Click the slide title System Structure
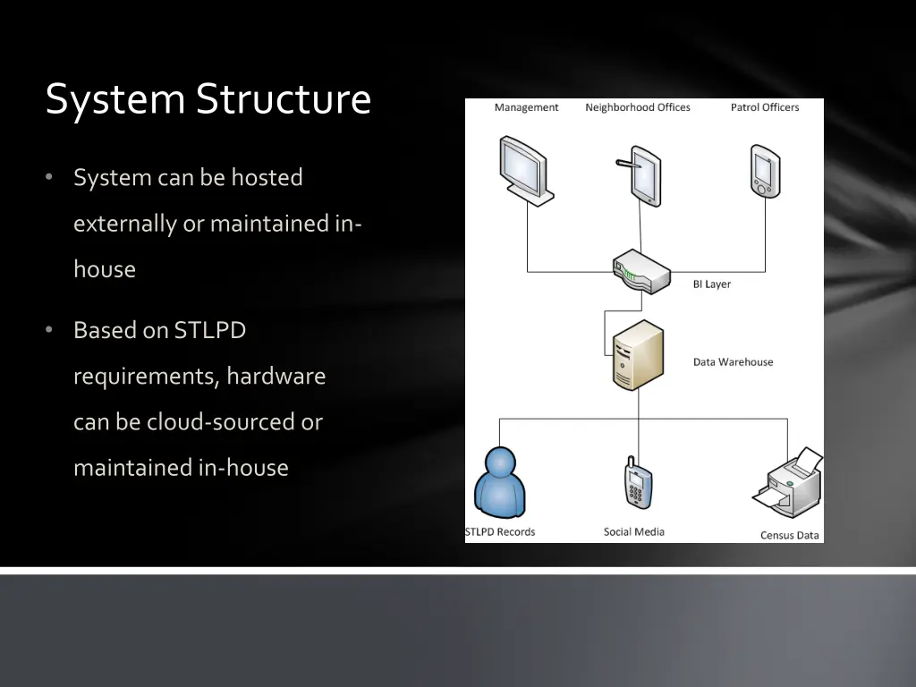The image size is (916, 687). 208,98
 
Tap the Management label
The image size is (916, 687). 526,107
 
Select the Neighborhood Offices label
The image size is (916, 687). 638,107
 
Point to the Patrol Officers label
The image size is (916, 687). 765,107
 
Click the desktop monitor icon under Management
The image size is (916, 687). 525,170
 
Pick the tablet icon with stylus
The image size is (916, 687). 642,175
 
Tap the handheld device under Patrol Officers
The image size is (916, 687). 765,171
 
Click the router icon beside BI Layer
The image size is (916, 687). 640,272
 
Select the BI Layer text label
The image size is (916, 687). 712,284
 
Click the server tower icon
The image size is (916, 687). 639,355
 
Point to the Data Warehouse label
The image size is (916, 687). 733,362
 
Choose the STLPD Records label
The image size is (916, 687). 500,532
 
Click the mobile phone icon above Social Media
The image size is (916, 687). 638,483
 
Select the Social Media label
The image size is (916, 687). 634,532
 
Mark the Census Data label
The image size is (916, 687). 790,536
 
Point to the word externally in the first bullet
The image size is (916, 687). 125,223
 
